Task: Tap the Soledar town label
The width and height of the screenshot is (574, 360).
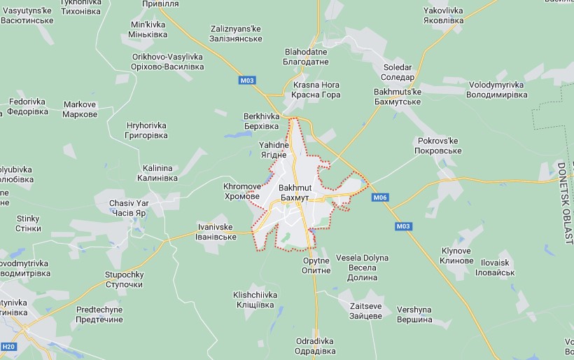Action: pyautogui.click(x=398, y=72)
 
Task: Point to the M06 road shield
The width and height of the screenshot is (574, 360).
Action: pyautogui.click(x=380, y=198)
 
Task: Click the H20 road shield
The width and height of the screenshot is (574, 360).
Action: pyautogui.click(x=8, y=347)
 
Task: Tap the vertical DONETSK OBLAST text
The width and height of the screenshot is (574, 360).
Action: pyautogui.click(x=564, y=203)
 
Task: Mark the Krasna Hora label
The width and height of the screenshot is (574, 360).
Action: pyautogui.click(x=316, y=90)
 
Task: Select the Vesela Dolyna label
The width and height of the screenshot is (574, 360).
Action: pyautogui.click(x=362, y=263)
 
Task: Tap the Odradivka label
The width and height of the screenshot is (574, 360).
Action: pyautogui.click(x=315, y=346)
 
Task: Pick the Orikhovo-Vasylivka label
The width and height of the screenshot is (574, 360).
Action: pyautogui.click(x=167, y=62)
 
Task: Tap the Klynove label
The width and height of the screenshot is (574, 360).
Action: pyautogui.click(x=457, y=256)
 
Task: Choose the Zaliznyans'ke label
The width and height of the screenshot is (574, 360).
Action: pyautogui.click(x=236, y=34)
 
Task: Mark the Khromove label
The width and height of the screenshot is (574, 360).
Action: pyautogui.click(x=242, y=192)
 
